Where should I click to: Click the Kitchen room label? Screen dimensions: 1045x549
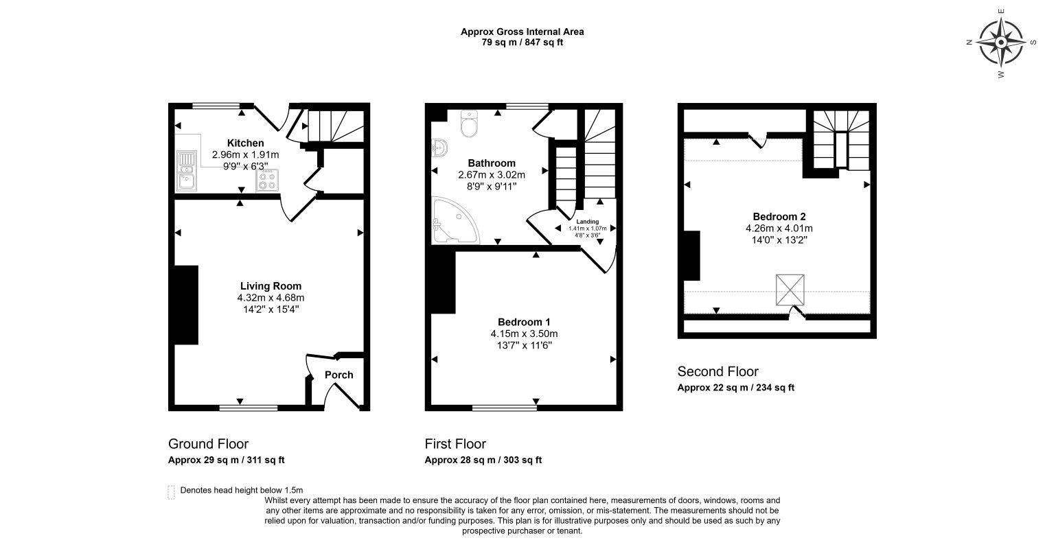pyautogui.click(x=245, y=143)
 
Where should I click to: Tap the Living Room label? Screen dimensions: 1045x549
pyautogui.click(x=271, y=286)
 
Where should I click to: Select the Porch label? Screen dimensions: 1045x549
pyautogui.click(x=338, y=375)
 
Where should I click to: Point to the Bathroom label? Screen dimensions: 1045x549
pyautogui.click(x=491, y=163)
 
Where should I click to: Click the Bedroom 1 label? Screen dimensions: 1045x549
pyautogui.click(x=524, y=322)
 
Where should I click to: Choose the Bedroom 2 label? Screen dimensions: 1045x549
pyautogui.click(x=779, y=216)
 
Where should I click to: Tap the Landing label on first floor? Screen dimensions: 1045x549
pyautogui.click(x=587, y=222)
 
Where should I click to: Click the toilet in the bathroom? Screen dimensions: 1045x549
pyautogui.click(x=470, y=124)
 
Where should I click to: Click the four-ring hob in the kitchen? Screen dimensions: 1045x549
pyautogui.click(x=268, y=180)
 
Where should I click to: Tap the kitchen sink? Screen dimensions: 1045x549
pyautogui.click(x=186, y=171)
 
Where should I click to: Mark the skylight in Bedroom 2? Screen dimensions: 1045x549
pyautogui.click(x=790, y=290)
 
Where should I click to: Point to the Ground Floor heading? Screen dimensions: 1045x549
pyautogui.click(x=208, y=443)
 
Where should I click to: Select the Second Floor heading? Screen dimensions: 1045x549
pyautogui.click(x=717, y=371)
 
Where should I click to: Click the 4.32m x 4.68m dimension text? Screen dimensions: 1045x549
pyautogui.click(x=271, y=298)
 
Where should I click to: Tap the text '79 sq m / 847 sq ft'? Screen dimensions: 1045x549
pyautogui.click(x=522, y=43)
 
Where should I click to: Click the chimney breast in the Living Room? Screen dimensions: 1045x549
pyautogui.click(x=186, y=305)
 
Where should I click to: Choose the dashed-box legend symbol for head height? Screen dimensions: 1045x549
pyautogui.click(x=171, y=492)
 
